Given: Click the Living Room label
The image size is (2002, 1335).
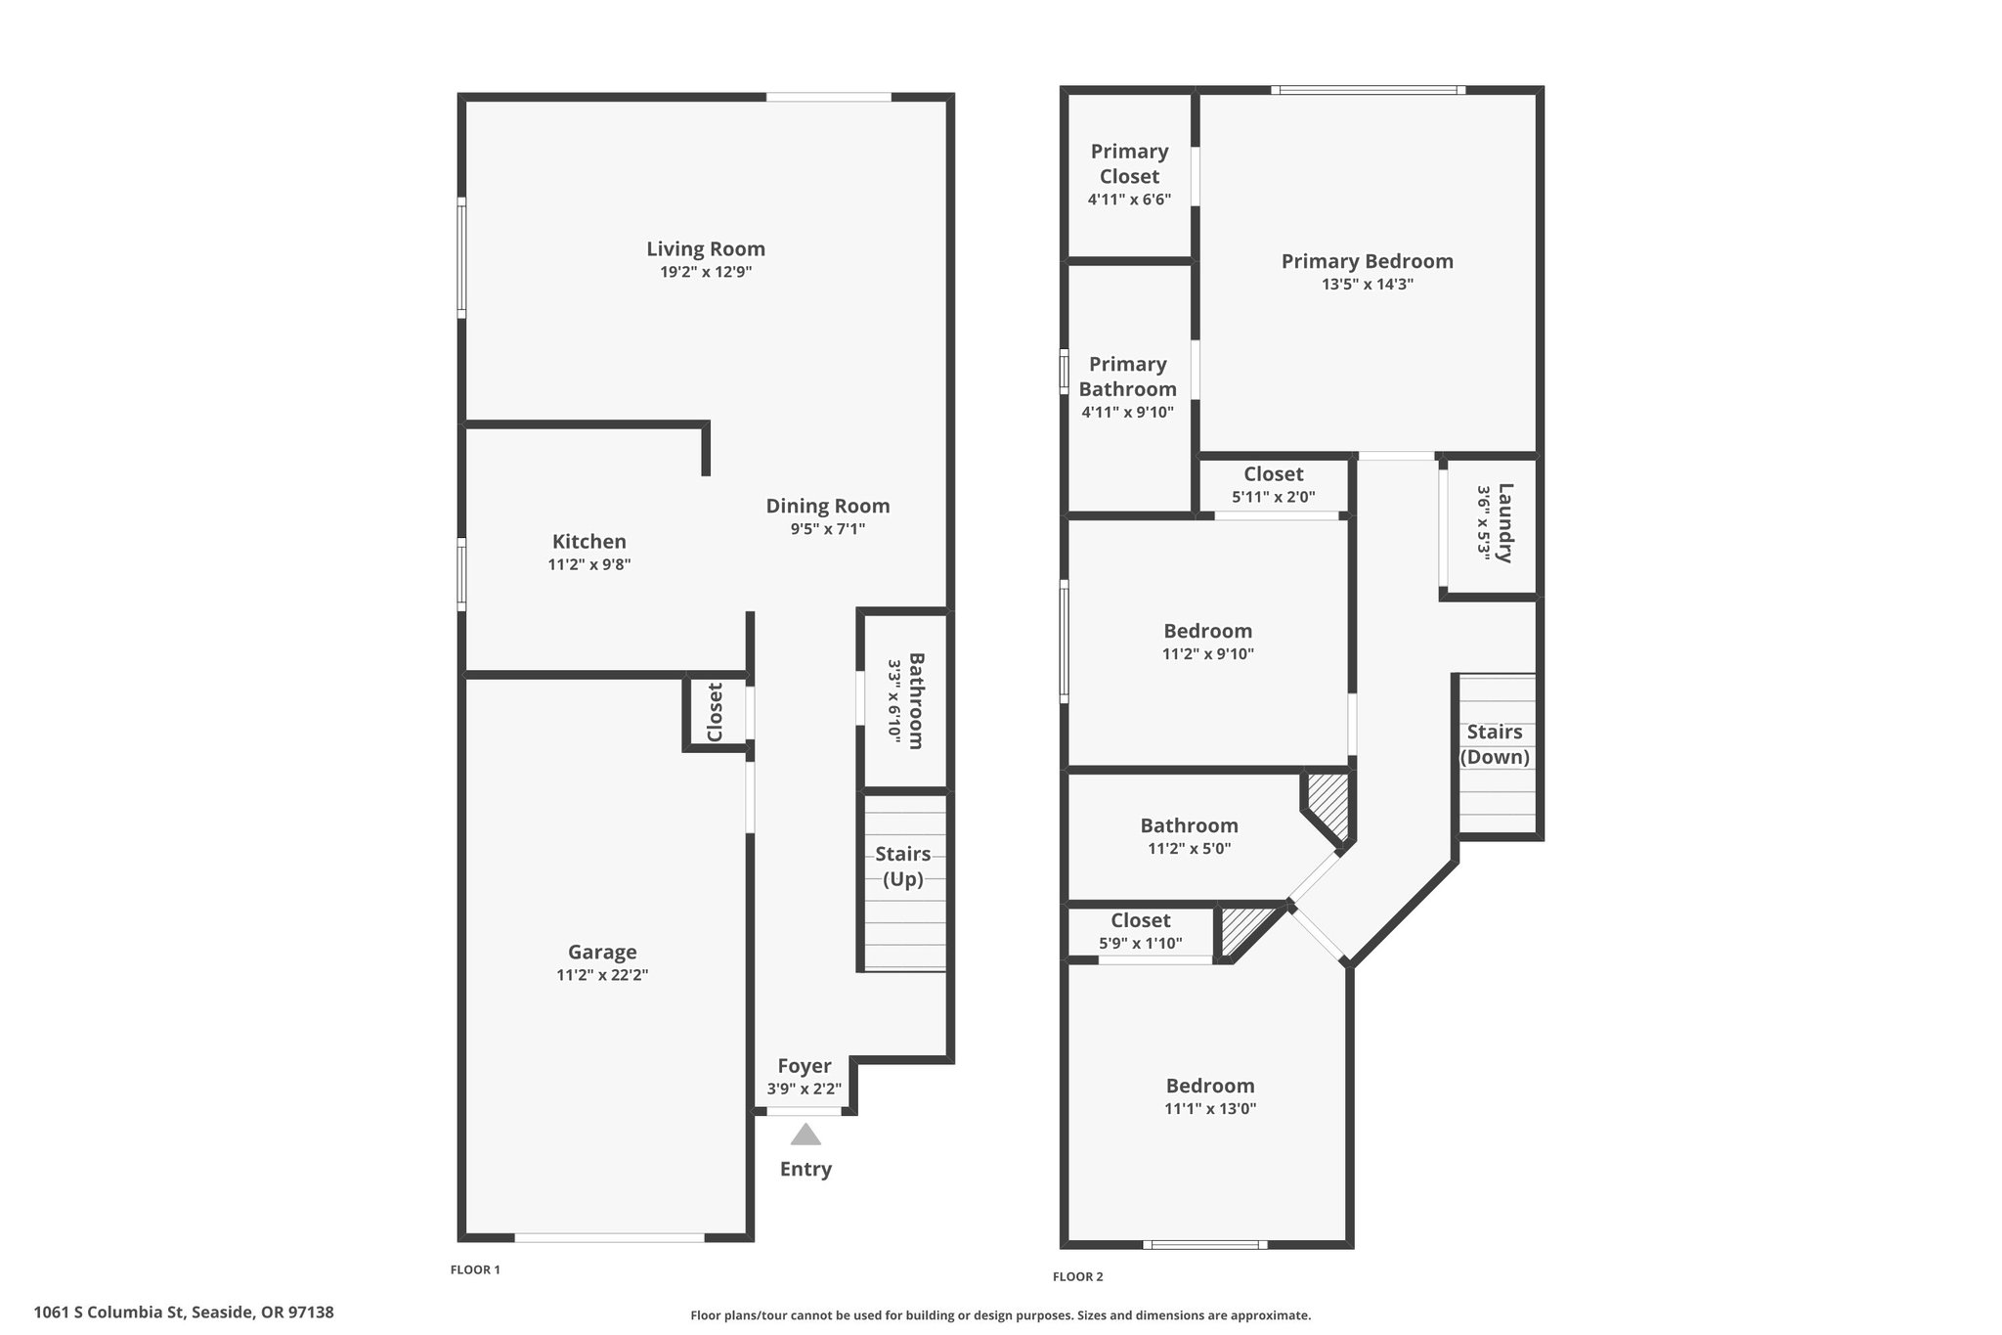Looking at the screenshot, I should pos(705,248).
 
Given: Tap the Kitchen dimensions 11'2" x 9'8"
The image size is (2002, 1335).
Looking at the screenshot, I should pos(588,564).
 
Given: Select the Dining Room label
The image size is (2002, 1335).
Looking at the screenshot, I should pos(827,506).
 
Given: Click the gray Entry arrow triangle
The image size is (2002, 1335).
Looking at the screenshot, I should pos(805,1135).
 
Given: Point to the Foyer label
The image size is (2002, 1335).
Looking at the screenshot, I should pos(804,1066).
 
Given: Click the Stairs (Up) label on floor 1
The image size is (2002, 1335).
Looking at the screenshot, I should pos(902,867).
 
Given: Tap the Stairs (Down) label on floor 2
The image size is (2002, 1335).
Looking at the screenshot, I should pos(1494,744).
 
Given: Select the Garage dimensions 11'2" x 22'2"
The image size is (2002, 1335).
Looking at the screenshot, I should pos(602,975).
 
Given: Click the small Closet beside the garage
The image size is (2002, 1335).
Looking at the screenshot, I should pos(715,713).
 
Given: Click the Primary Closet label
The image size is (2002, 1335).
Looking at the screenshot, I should pos(1129,163).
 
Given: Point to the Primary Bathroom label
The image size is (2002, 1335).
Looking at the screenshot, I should pos(1127,377).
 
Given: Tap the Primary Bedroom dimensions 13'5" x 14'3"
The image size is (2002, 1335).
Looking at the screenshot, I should pos(1367,285).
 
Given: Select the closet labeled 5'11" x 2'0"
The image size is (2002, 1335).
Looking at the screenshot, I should pos(1273,485).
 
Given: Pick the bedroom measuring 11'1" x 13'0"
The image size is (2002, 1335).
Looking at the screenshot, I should pos(1209,1096).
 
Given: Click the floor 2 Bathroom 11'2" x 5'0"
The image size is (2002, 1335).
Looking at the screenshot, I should pos(1189,836).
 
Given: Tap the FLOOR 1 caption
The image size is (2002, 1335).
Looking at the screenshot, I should pos(475,1269).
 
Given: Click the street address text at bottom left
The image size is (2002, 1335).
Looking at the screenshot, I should pos(184,1313).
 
